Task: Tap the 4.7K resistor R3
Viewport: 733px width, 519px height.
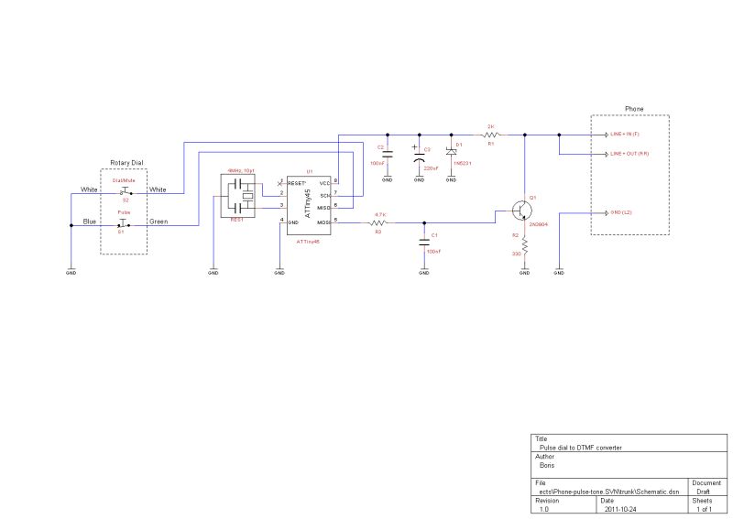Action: [x=379, y=222]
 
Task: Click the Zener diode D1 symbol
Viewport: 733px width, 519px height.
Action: [x=451, y=153]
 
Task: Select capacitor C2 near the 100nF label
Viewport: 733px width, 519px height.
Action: [x=387, y=154]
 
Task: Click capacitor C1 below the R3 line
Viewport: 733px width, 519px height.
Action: [x=424, y=242]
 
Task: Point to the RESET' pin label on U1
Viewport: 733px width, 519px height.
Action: [x=297, y=184]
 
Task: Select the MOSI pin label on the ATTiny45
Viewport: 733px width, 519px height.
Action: [x=323, y=222]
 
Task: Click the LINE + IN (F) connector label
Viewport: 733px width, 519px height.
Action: [x=629, y=134]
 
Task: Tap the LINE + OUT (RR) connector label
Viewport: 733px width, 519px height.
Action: [x=629, y=154]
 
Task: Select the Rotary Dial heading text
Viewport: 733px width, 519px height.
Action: [x=126, y=163]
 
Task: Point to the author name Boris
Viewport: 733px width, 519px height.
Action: [x=548, y=465]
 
